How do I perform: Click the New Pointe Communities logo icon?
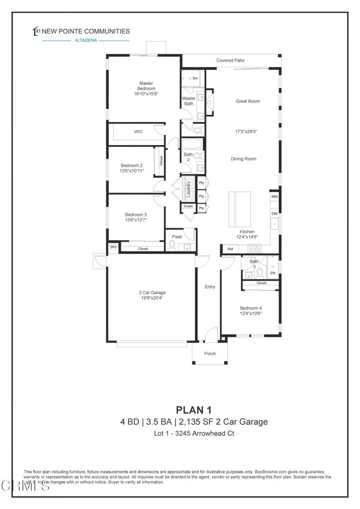pyautogui.click(x=36, y=31)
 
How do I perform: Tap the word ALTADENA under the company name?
pyautogui.click(x=86, y=41)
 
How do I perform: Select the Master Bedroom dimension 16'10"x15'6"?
pyautogui.click(x=146, y=93)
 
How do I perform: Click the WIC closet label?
pyautogui.click(x=138, y=132)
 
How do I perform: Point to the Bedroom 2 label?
pyautogui.click(x=131, y=166)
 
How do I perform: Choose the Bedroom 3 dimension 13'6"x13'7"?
pyautogui.click(x=136, y=220)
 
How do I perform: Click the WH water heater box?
pyautogui.click(x=113, y=247)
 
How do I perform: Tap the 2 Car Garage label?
pyautogui.click(x=152, y=292)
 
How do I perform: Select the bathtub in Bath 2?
pyautogui.click(x=192, y=145)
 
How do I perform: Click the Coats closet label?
pyautogui.click(x=188, y=206)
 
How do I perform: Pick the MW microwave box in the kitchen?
pyautogui.click(x=274, y=197)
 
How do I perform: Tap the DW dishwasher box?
pyautogui.click(x=274, y=213)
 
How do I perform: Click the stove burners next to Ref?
pyautogui.click(x=254, y=249)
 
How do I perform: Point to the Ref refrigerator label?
pyautogui.click(x=230, y=249)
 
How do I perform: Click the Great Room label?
pyautogui.click(x=248, y=101)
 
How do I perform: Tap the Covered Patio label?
pyautogui.click(x=230, y=61)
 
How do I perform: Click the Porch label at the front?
pyautogui.click(x=210, y=354)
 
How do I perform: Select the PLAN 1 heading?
pyautogui.click(x=194, y=410)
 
